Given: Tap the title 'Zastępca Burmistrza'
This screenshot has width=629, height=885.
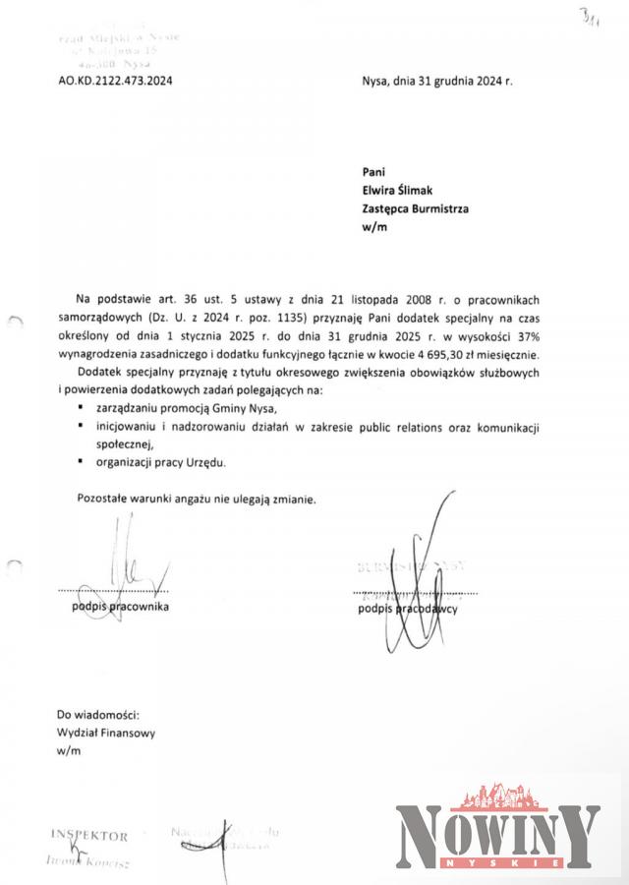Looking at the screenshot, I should pos(416,208).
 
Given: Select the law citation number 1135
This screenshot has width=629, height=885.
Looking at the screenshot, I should pos(286,317).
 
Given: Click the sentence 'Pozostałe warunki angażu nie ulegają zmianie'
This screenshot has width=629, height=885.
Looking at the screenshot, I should pos(197,499).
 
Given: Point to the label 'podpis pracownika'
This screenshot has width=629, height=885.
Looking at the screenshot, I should pos(120,607).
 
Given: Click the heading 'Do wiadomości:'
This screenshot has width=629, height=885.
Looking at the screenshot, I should pos(98,714).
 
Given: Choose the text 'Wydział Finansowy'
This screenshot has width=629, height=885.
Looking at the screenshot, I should pos(106,733).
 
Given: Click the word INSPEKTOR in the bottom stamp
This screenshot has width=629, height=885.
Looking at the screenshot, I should pos(89,836).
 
